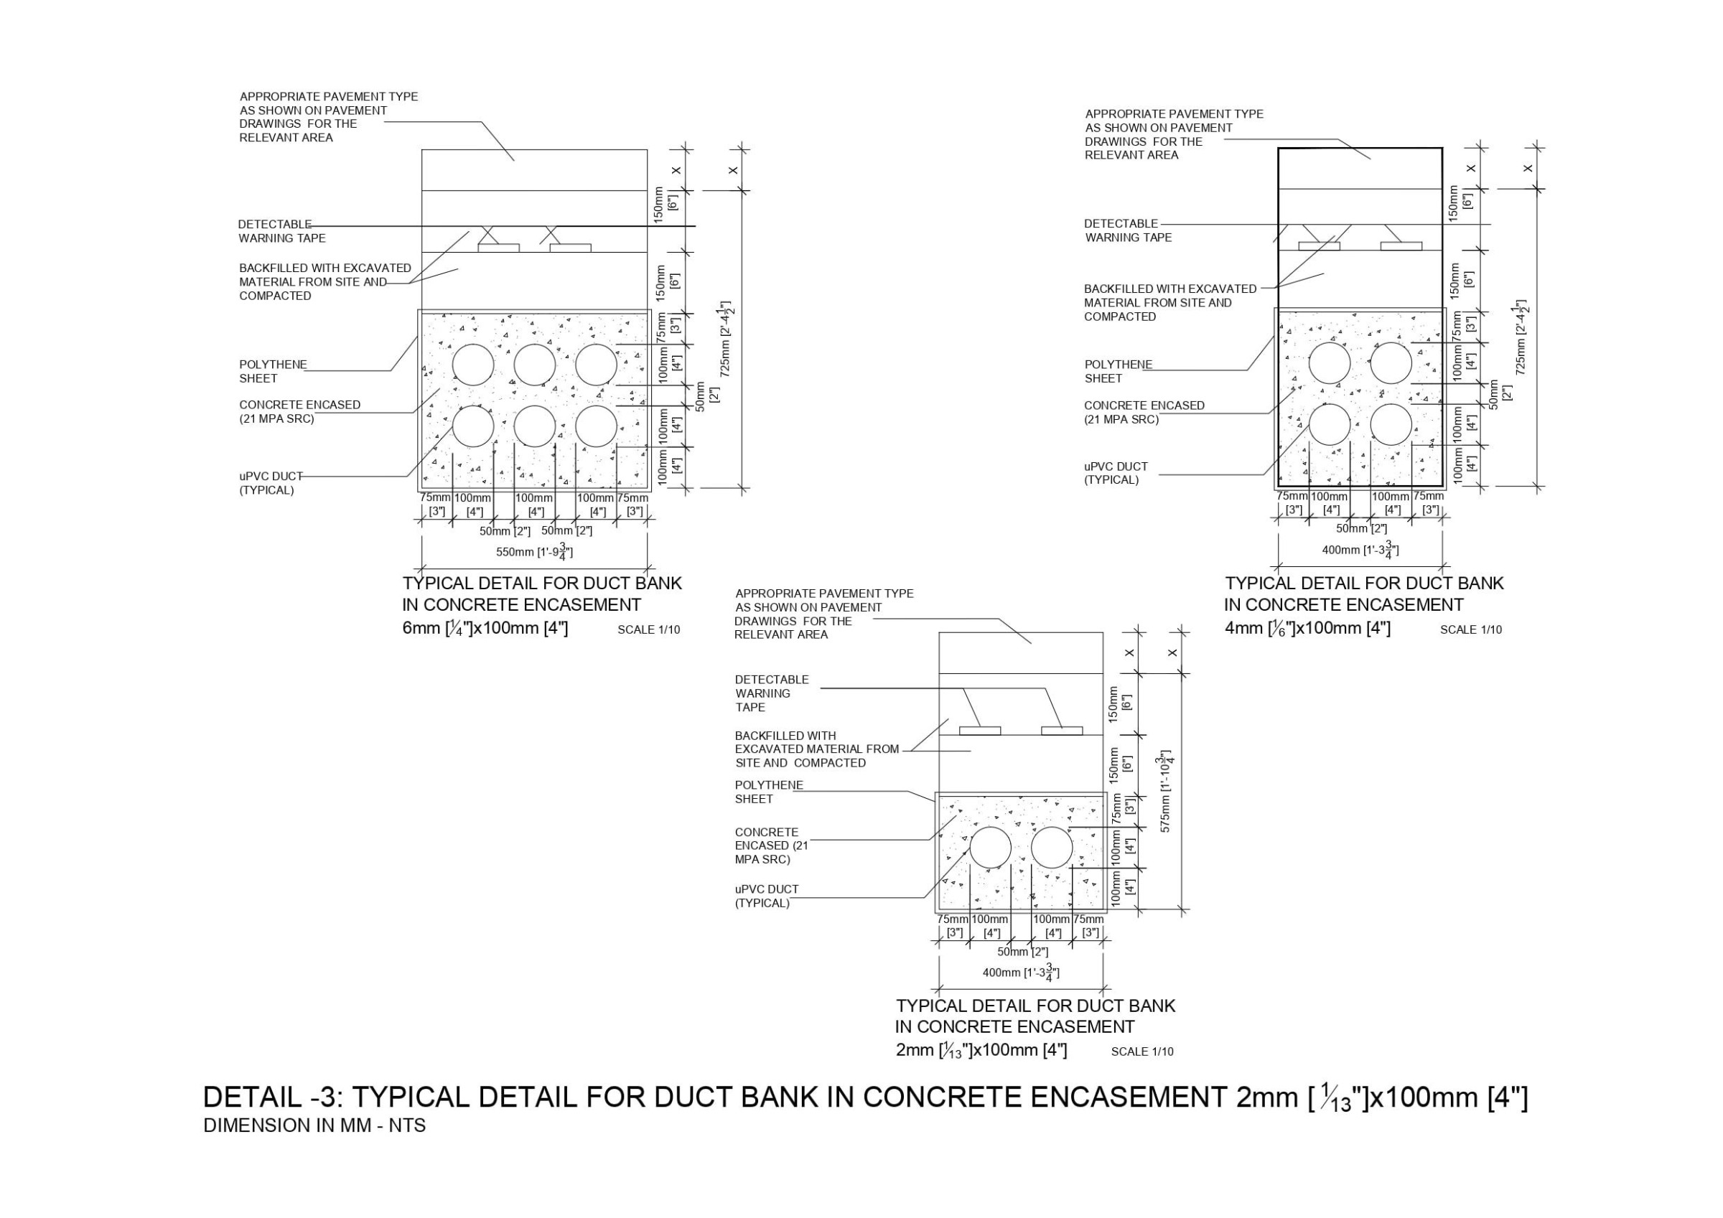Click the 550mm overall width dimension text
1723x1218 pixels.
click(534, 552)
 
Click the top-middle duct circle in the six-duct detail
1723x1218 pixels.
click(534, 365)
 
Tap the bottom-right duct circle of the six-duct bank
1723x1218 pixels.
click(596, 426)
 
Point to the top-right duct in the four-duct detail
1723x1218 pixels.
click(1391, 363)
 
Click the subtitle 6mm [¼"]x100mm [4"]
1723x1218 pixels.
click(485, 628)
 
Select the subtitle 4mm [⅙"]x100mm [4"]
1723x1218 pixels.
click(1307, 628)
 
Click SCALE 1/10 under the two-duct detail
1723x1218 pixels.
click(1141, 1051)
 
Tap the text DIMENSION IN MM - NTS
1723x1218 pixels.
click(314, 1125)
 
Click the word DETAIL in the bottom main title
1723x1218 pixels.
click(251, 1097)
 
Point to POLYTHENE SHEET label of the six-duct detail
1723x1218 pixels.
click(272, 372)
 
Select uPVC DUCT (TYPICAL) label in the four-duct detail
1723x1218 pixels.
click(1115, 473)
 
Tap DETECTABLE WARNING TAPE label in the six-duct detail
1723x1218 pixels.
click(281, 231)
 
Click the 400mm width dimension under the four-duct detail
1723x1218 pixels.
click(1360, 550)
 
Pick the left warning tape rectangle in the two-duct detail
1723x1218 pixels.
click(980, 730)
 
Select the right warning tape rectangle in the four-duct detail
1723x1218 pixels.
click(1401, 245)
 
